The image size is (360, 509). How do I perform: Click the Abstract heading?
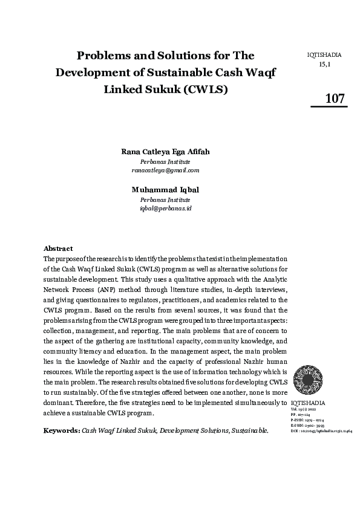tap(58, 248)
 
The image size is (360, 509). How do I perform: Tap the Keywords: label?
tap(61, 430)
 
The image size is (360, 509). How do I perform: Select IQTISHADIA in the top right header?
tap(324, 55)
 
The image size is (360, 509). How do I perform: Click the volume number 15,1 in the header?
tap(324, 63)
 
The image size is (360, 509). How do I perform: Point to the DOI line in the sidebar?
tap(321, 431)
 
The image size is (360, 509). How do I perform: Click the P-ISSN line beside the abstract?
tap(309, 420)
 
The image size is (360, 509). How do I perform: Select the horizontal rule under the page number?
tap(329, 107)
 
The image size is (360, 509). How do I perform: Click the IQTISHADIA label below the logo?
tap(308, 402)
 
